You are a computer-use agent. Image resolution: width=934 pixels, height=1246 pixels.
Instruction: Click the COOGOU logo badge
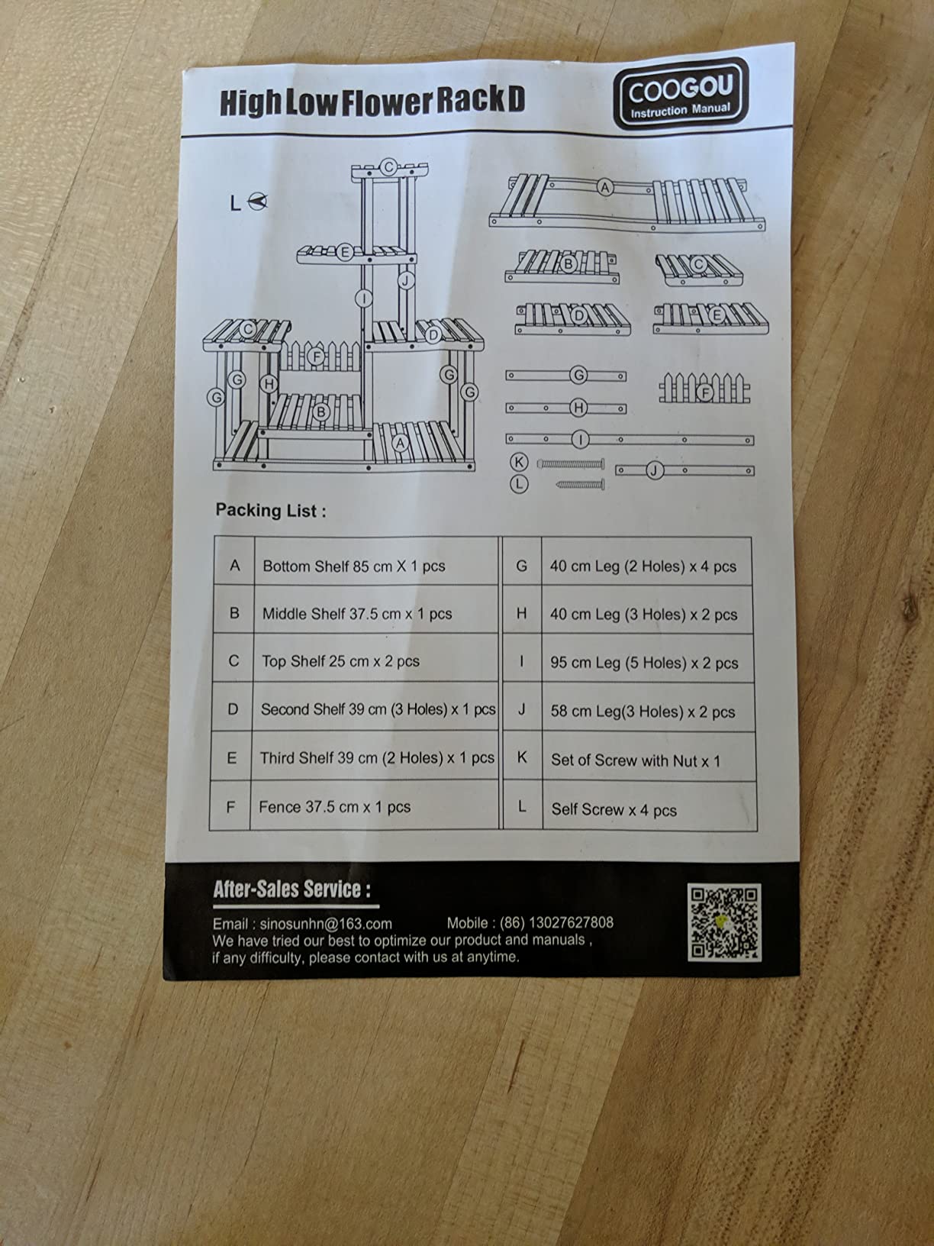tap(681, 93)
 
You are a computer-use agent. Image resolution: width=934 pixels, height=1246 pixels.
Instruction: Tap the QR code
tap(724, 922)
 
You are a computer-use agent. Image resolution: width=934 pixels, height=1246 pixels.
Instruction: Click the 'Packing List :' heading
tap(270, 510)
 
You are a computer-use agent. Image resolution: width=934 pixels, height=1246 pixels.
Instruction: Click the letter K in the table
tap(522, 757)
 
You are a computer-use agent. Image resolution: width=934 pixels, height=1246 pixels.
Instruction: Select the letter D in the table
tap(233, 709)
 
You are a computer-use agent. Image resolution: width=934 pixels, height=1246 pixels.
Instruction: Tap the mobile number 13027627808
tap(571, 922)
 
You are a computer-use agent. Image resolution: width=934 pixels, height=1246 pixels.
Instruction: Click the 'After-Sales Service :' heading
tap(292, 889)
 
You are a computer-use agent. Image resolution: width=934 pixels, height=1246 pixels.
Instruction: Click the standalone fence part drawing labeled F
tap(704, 388)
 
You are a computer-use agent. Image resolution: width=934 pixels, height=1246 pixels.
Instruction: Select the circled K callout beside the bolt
tap(519, 462)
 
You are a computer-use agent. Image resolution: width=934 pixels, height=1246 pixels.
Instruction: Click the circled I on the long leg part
tap(580, 439)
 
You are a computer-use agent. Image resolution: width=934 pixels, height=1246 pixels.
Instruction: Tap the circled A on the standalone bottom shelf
tap(605, 187)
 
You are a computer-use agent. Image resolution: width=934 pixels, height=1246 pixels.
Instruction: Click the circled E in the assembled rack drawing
tap(344, 251)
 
